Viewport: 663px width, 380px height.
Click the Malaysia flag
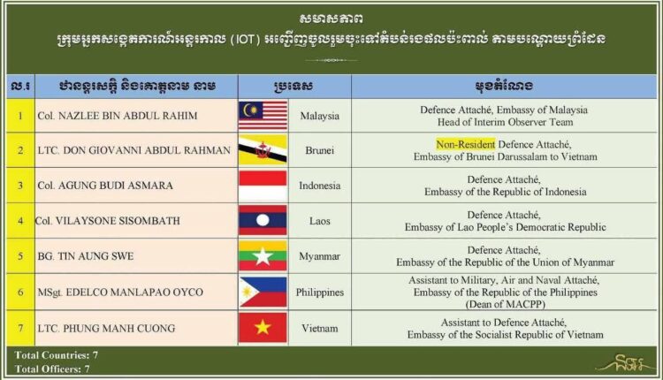coord(263,116)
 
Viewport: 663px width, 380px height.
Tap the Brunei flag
coord(263,150)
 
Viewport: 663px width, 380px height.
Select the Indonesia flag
coord(263,185)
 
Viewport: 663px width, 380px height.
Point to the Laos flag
coord(263,220)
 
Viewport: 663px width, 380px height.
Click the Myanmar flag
coord(263,255)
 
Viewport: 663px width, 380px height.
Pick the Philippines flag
coord(263,292)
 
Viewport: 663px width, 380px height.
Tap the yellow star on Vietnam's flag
coord(263,327)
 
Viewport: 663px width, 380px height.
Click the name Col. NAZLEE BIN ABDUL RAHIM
coord(117,116)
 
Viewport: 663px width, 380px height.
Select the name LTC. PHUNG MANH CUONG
coord(106,329)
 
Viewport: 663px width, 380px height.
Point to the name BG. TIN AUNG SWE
coord(86,256)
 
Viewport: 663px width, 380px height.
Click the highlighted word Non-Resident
coord(466,145)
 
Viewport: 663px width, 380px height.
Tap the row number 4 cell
coord(20,221)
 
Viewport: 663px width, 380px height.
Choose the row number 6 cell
coord(20,293)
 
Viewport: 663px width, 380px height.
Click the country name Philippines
coord(320,293)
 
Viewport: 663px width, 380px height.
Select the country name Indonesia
coord(320,186)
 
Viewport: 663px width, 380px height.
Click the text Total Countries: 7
coord(57,355)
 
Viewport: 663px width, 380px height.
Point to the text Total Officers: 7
coord(52,369)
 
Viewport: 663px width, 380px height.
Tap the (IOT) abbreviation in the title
coord(245,40)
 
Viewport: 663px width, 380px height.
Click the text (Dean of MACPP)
coord(506,304)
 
